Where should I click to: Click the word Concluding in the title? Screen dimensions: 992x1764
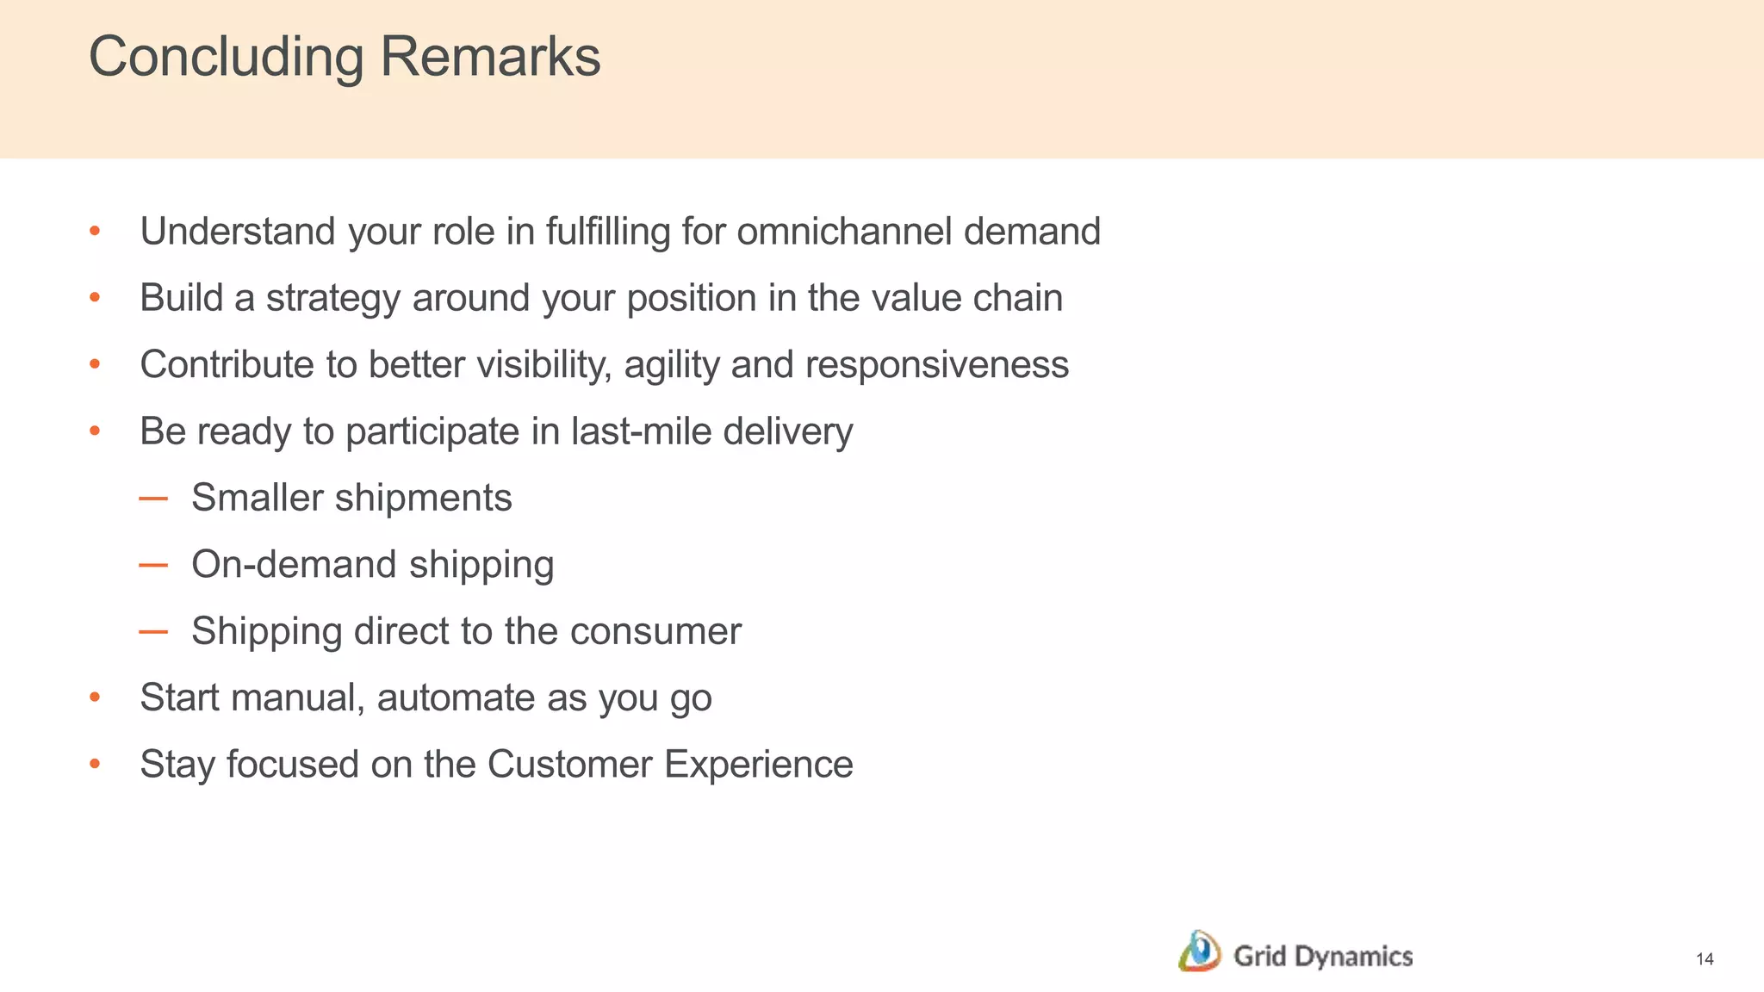pyautogui.click(x=227, y=58)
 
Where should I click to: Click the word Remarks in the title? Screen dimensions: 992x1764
pyautogui.click(x=489, y=58)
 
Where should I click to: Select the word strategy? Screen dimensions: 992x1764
pyautogui.click(x=333, y=299)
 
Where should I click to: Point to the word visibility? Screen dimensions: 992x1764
pyautogui.click(x=544, y=365)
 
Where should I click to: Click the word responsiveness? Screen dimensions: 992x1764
pyautogui.click(x=937, y=365)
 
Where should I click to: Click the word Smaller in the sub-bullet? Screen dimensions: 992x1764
pyautogui.click(x=257, y=498)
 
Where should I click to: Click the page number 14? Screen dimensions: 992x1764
pyautogui.click(x=1705, y=959)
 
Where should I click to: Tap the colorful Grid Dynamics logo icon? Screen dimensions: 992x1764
pyautogui.click(x=1199, y=952)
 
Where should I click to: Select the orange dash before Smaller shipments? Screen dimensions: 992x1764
pyautogui.click(x=153, y=499)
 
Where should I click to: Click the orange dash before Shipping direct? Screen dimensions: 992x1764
pyautogui.click(x=153, y=632)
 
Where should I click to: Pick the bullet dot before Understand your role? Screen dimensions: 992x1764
pyautogui.click(x=96, y=232)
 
